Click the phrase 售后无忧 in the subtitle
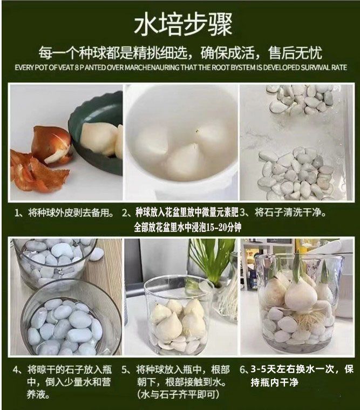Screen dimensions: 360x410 295,52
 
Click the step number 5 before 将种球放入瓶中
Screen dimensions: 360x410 125,370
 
